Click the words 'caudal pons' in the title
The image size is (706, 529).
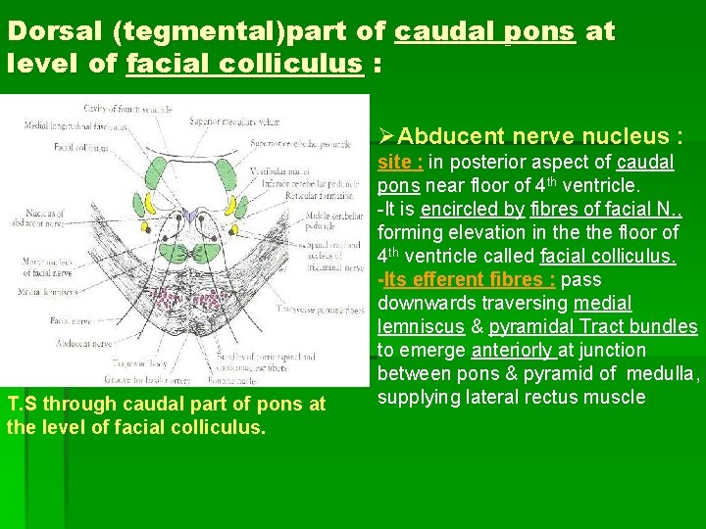[484, 31]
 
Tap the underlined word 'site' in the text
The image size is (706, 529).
[398, 162]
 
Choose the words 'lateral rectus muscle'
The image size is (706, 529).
[563, 397]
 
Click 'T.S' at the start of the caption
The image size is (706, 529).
[23, 405]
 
